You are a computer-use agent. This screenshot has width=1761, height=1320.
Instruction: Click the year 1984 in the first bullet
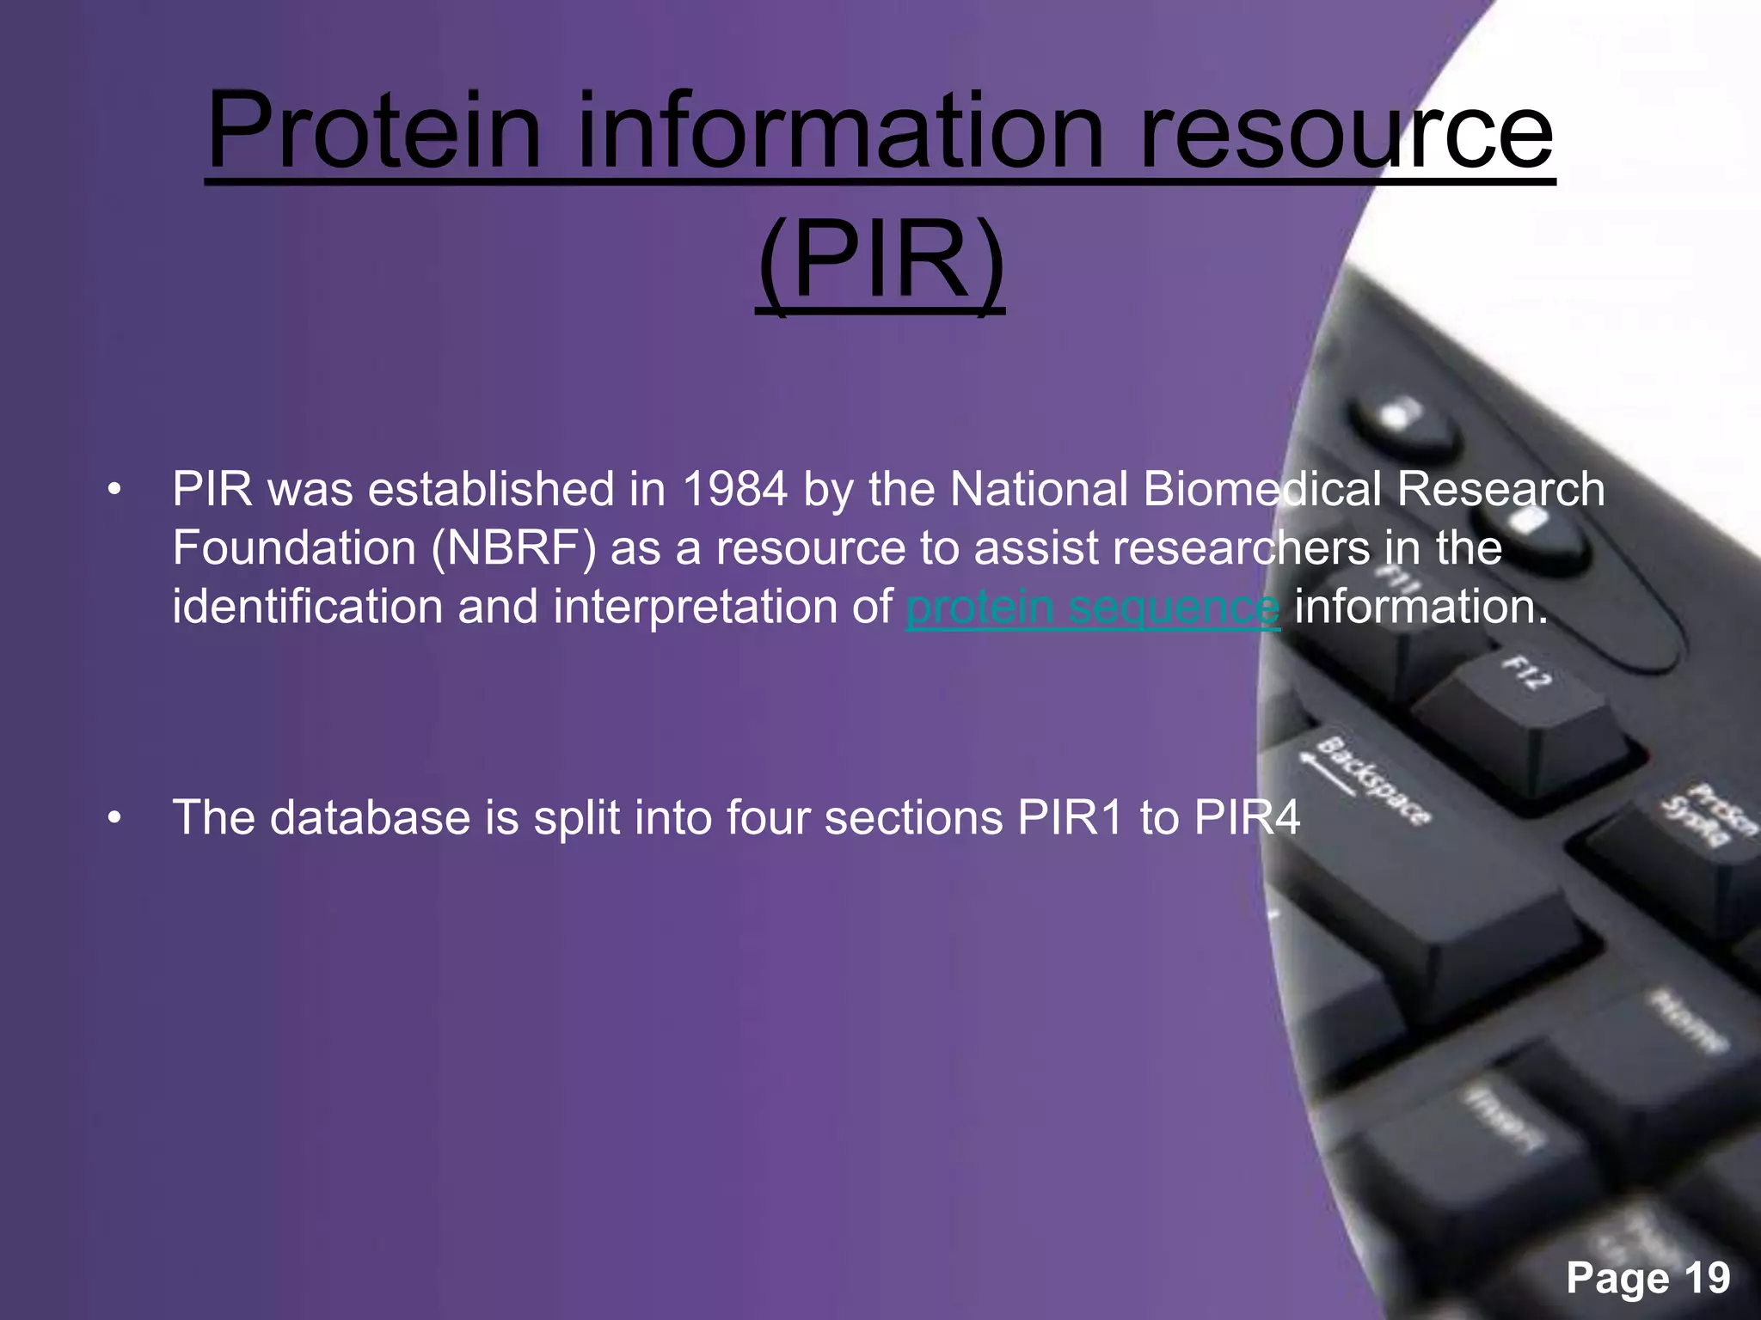735,489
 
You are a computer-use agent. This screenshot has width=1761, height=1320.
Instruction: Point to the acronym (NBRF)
513,548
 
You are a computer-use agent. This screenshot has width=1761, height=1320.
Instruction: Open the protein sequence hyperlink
1093,608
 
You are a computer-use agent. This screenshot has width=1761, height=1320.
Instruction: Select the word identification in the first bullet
307,607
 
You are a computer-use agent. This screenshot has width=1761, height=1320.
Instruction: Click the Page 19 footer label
1647,1278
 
